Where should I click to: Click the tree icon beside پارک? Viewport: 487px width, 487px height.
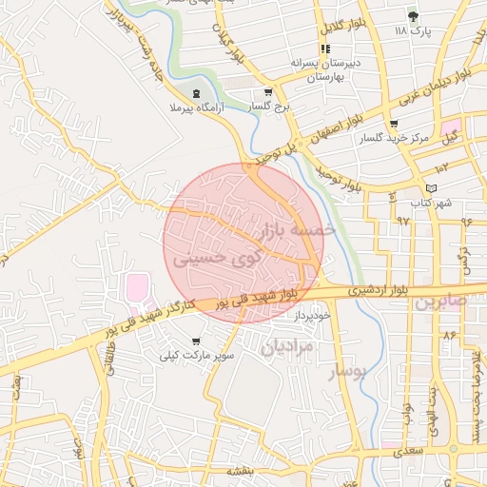pyautogui.click(x=412, y=16)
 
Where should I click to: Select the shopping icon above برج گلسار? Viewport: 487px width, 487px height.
pyautogui.click(x=267, y=93)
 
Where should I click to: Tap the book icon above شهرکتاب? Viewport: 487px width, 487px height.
pyautogui.click(x=433, y=188)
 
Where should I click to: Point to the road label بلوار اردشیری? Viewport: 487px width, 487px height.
pyautogui.click(x=369, y=286)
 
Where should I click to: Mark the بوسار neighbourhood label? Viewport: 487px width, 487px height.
pyautogui.click(x=346, y=372)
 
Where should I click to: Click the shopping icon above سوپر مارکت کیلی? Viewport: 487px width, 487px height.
pyautogui.click(x=196, y=341)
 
